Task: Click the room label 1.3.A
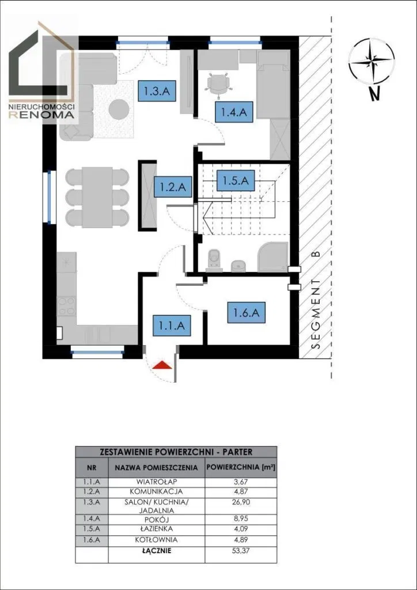click(x=157, y=90)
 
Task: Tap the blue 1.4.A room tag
click(x=233, y=112)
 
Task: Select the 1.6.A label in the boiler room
click(x=247, y=312)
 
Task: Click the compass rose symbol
click(x=371, y=60)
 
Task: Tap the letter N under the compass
click(x=374, y=94)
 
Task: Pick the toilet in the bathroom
click(x=215, y=260)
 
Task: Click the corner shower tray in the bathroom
click(x=273, y=256)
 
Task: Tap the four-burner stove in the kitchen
click(x=67, y=306)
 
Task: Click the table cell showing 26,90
click(x=241, y=502)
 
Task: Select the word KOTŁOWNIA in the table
click(x=156, y=540)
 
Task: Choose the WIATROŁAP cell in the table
click(x=157, y=482)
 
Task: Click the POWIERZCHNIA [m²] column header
click(x=241, y=468)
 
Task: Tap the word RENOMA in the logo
click(x=41, y=115)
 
